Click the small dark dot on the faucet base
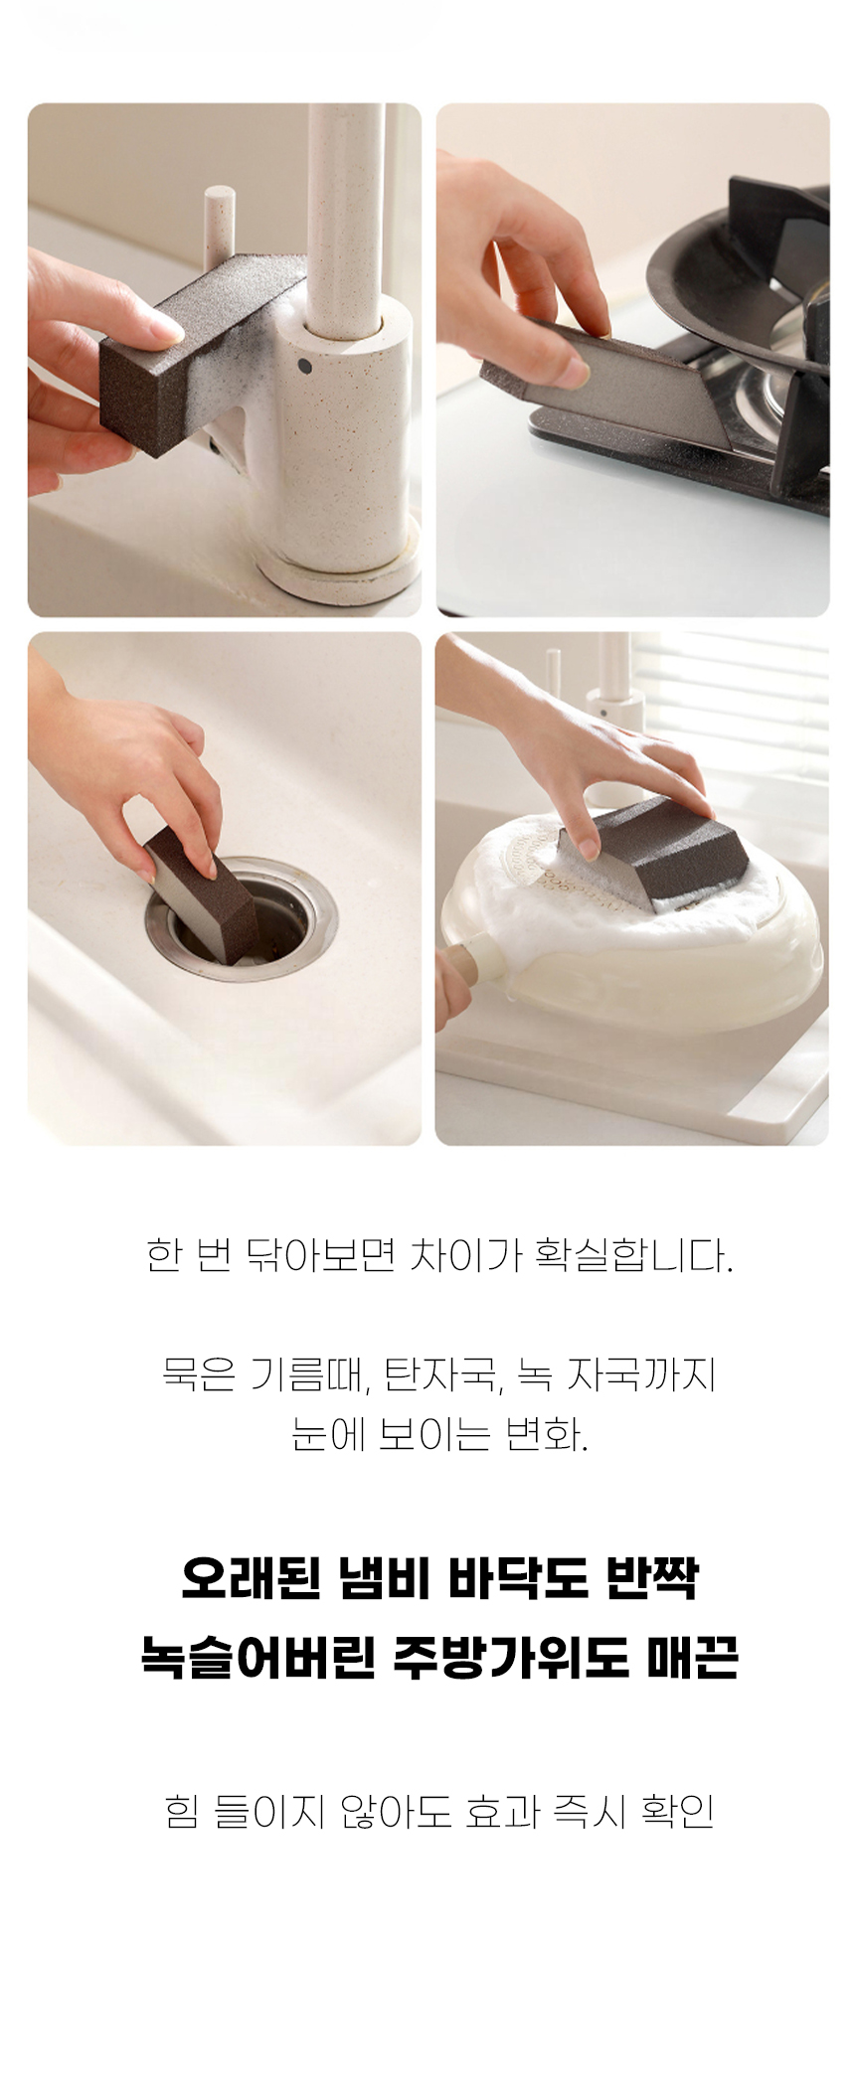coord(303,366)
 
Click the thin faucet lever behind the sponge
coord(215,227)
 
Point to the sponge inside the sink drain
coord(202,895)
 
